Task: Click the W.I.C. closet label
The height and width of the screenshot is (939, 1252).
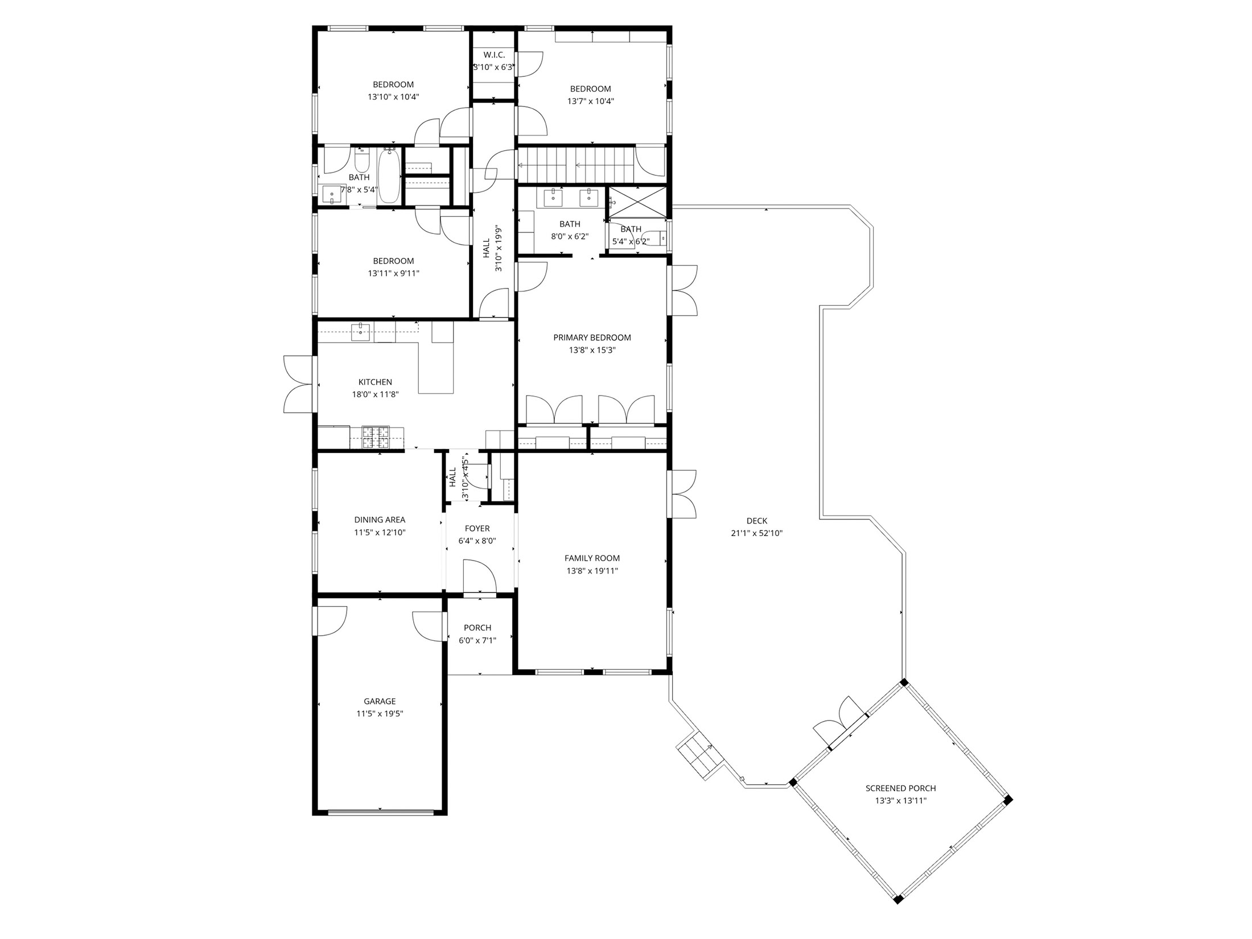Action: click(494, 55)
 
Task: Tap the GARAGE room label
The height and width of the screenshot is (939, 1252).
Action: click(380, 701)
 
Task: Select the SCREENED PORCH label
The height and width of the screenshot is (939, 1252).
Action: click(901, 788)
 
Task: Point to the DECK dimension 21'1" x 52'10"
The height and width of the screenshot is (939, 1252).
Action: click(757, 533)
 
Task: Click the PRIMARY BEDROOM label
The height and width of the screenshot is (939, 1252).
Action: click(592, 337)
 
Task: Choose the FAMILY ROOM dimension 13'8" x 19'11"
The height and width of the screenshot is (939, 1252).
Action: click(592, 571)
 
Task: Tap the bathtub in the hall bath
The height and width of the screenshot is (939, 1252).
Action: click(389, 176)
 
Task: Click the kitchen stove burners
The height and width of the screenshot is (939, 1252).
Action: click(376, 438)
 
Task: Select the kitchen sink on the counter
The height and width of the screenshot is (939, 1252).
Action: click(361, 332)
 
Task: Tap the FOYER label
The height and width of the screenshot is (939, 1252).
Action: click(477, 529)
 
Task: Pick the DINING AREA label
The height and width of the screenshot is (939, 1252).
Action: click(380, 520)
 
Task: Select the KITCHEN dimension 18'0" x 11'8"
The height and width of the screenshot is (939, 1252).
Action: click(375, 394)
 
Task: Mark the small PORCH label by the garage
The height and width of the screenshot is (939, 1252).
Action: click(477, 628)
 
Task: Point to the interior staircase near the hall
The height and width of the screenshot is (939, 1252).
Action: click(575, 165)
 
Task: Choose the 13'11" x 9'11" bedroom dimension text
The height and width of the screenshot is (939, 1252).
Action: click(393, 273)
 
